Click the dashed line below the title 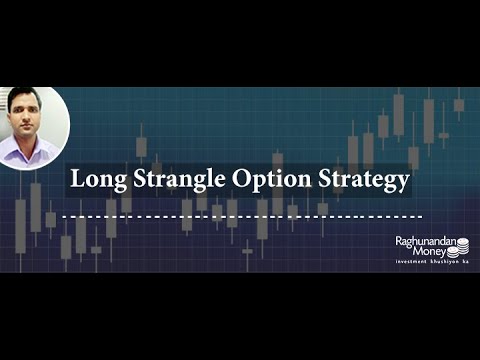(241, 215)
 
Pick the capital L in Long (74, 180)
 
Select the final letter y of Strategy (403, 184)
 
